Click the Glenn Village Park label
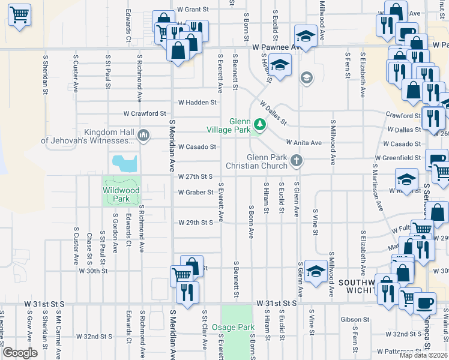pos(228,125)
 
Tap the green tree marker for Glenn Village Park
pos(260,124)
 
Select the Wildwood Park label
pos(121,194)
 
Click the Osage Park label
pos(234,327)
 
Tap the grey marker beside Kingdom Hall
pos(143,136)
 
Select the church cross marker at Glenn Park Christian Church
pos(296,160)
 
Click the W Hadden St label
pos(197,103)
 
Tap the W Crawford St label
pos(144,113)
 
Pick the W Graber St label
pos(196,193)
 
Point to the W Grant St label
pos(193,10)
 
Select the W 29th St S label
pos(196,223)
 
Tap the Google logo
pos(20,353)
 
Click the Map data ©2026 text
pos(423,355)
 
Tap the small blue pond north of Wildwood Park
pos(124,161)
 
